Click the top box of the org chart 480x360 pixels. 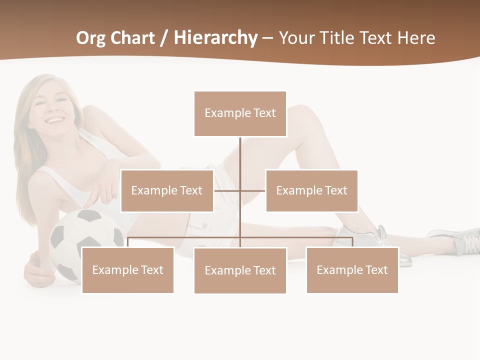click(x=240, y=113)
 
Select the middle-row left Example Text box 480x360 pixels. click(x=167, y=190)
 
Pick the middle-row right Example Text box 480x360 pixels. click(x=311, y=190)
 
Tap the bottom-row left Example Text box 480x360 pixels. click(x=127, y=270)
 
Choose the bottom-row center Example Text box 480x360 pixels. click(x=240, y=270)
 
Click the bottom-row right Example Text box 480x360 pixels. click(x=352, y=270)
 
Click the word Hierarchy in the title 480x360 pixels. click(x=215, y=38)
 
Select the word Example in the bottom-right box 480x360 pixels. click(x=335, y=270)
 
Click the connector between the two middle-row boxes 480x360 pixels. click(x=240, y=190)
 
